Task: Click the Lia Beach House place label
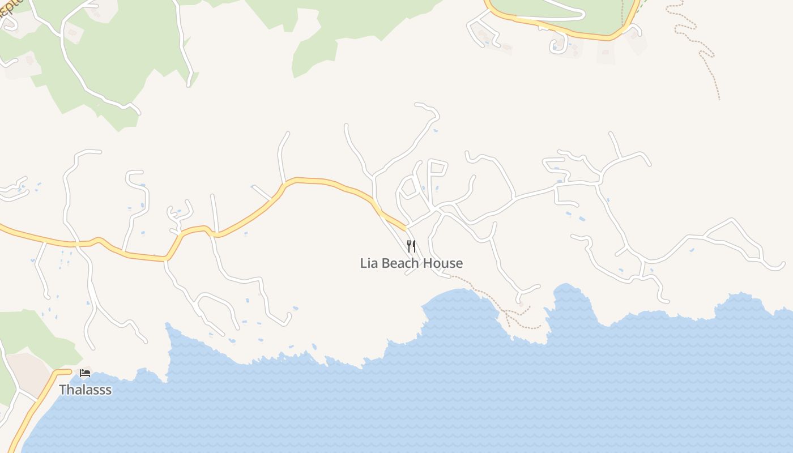coord(411,263)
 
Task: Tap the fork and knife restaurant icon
coord(411,246)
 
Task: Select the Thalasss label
coord(85,390)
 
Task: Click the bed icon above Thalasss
coord(85,373)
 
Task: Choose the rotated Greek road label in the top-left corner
coord(10,11)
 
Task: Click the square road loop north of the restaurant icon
coord(437,176)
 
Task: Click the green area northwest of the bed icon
coord(28,334)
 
